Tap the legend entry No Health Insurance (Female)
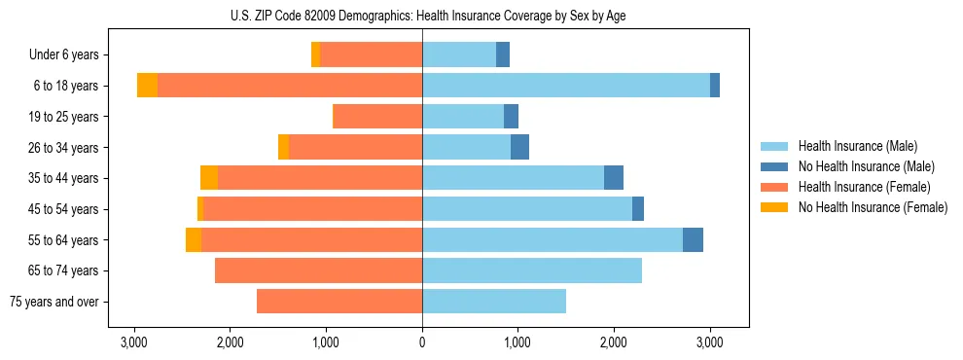(873, 207)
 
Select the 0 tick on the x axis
(422, 342)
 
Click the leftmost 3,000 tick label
(134, 342)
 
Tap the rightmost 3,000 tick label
(709, 342)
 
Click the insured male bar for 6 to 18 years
(566, 86)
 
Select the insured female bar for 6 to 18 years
(290, 86)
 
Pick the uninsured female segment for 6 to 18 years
(147, 86)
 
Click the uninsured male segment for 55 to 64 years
(693, 240)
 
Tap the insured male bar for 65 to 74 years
(532, 270)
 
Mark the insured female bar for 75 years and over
(339, 302)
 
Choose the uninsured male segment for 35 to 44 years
(614, 178)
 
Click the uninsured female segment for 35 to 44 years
(209, 178)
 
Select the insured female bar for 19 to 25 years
(377, 117)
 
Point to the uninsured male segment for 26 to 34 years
(519, 147)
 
